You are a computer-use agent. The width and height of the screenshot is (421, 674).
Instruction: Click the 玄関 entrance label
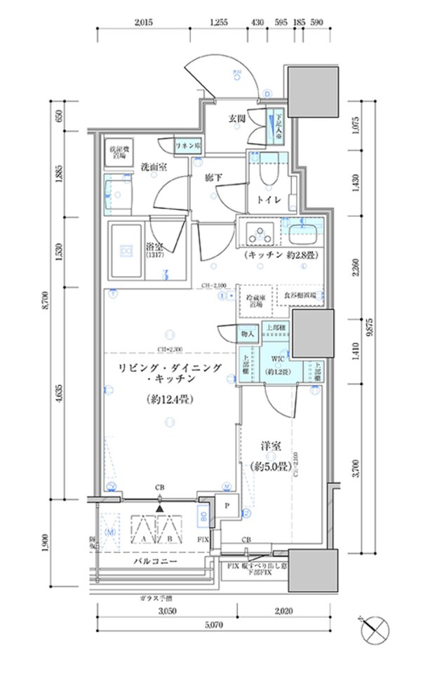click(x=236, y=119)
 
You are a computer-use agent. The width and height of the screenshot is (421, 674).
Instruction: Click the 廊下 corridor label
click(x=213, y=178)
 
